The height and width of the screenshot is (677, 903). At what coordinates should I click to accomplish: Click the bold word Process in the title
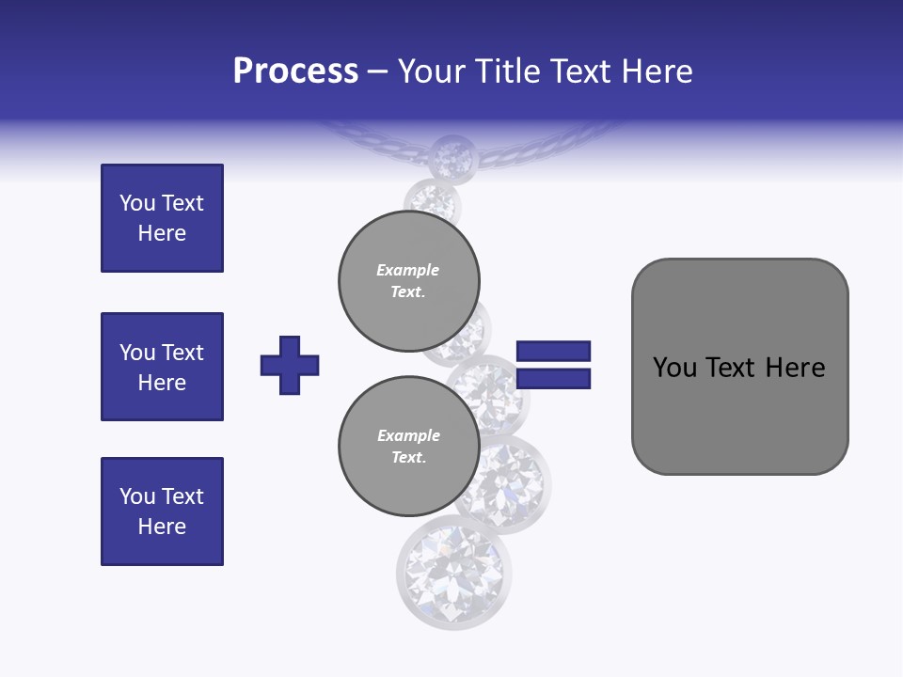click(x=295, y=71)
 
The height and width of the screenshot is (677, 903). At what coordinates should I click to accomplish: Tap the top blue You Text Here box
click(x=162, y=218)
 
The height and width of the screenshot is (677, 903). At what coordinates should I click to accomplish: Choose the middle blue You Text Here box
click(x=162, y=367)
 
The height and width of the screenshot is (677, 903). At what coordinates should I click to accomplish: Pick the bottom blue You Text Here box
click(x=162, y=512)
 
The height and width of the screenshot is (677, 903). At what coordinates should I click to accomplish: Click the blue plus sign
click(x=290, y=365)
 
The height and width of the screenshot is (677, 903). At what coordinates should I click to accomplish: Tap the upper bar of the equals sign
click(x=553, y=351)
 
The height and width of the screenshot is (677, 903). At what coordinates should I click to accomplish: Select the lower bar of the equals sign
click(x=553, y=379)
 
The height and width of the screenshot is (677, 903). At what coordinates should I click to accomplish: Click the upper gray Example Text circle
click(x=409, y=281)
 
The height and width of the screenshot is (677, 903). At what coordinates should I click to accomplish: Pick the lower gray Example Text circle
click(x=409, y=447)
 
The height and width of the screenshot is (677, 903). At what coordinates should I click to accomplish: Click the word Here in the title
click(x=657, y=71)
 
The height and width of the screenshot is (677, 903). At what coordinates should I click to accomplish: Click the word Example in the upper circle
click(x=408, y=270)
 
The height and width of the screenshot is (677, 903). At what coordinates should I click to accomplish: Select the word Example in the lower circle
click(x=408, y=435)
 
